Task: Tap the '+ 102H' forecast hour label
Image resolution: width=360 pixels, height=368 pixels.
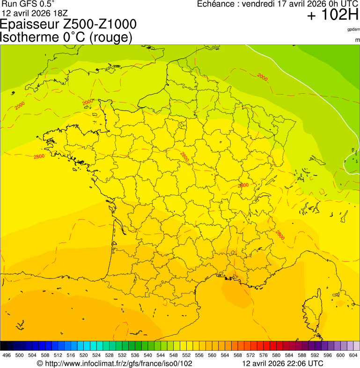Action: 332,15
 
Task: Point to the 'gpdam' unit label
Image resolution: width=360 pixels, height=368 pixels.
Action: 353,29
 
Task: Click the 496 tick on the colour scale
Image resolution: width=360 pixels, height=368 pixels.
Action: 7,356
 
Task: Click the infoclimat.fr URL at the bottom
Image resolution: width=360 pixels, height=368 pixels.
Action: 114,363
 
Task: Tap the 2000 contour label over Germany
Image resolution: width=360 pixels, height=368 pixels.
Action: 262,77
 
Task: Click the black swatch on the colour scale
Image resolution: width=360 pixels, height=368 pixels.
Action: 4,346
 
